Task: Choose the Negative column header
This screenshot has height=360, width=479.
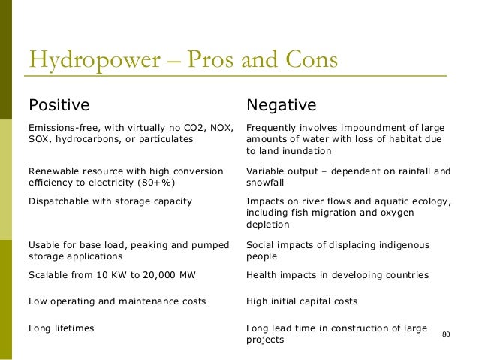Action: pyautogui.click(x=282, y=104)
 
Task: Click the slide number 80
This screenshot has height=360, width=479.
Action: pyautogui.click(x=447, y=333)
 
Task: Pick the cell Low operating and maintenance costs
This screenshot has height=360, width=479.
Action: pyautogui.click(x=116, y=301)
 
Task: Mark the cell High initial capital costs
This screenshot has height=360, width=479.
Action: pyautogui.click(x=301, y=301)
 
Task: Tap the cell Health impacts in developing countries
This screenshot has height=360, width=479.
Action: pyautogui.click(x=337, y=275)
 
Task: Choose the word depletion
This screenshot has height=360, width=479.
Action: pyautogui.click(x=268, y=225)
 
